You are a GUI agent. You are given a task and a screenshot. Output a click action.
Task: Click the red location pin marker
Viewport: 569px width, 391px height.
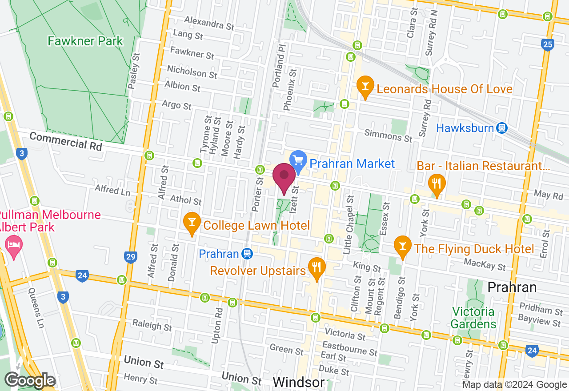(x=284, y=178)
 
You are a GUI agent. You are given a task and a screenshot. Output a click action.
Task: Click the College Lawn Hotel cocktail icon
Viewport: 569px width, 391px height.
(x=192, y=224)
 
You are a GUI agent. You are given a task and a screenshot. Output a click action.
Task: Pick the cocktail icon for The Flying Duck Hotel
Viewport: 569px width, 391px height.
(x=403, y=248)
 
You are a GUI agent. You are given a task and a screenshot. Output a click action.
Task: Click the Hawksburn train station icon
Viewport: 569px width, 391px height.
(x=502, y=128)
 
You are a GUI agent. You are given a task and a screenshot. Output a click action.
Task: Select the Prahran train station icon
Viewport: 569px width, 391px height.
(x=248, y=254)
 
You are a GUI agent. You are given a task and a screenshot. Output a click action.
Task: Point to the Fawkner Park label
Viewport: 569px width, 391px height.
(x=85, y=41)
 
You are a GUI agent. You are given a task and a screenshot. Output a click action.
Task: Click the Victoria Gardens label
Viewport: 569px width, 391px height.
(x=473, y=317)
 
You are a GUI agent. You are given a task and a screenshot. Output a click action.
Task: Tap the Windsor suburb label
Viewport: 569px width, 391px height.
(x=298, y=382)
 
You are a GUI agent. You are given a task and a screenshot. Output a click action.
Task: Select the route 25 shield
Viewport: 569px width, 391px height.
(x=548, y=44)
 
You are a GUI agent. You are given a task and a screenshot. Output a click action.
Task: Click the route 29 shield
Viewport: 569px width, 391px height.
(x=130, y=257)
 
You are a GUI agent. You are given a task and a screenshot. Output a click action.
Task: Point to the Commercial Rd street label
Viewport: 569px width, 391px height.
(x=66, y=141)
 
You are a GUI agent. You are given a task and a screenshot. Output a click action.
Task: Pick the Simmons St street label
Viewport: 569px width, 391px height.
(x=388, y=136)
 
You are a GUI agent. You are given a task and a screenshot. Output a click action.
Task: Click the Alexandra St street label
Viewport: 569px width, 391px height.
(x=209, y=23)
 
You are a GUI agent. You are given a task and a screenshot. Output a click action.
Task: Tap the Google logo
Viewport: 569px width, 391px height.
(x=30, y=380)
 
